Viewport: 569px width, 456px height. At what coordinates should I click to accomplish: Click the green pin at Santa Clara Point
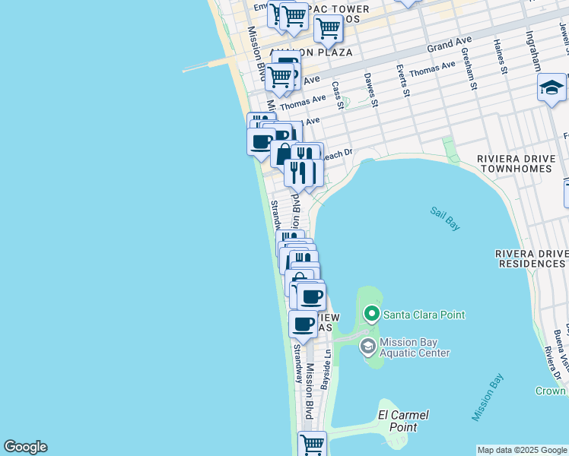[372, 313]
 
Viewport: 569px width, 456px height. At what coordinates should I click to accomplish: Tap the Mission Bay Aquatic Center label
[415, 347]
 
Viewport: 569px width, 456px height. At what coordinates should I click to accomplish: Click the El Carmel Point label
[403, 421]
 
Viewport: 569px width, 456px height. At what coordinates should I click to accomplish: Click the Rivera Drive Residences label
[531, 258]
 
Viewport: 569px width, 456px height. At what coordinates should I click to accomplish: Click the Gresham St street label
[472, 74]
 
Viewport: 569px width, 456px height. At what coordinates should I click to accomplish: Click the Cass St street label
[337, 95]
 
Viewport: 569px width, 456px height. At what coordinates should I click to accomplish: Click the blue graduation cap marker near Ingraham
[552, 88]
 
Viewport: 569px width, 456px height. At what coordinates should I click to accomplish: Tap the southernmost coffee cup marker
[303, 325]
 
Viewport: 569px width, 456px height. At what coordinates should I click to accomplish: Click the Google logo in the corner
[25, 447]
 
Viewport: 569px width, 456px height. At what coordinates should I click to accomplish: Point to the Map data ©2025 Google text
[522, 450]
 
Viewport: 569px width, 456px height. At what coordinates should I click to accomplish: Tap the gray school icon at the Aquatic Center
[367, 347]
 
